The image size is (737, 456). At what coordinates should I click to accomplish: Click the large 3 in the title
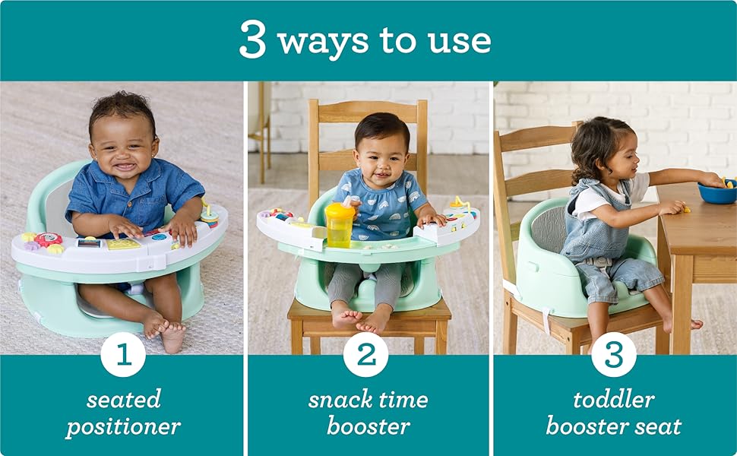point(254,40)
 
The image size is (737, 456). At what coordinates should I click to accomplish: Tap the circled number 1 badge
point(122,354)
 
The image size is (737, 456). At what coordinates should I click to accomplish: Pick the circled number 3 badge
point(613,354)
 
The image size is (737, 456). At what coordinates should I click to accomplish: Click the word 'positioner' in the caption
point(123,426)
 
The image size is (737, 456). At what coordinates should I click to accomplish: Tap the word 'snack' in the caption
point(339,400)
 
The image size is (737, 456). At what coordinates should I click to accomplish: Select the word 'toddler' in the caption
point(613,400)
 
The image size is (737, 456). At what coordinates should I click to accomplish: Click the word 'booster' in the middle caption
point(367,426)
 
